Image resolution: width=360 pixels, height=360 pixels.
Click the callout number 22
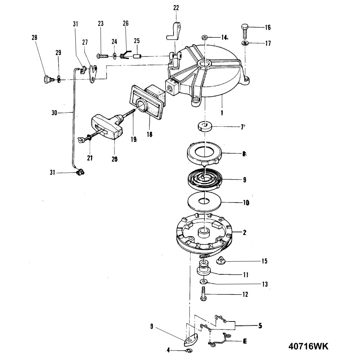pos(176,7)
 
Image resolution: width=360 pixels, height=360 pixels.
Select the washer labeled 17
pos(245,44)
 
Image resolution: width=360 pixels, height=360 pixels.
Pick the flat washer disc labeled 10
pos(204,202)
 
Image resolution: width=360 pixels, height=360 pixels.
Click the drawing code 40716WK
pos(309,346)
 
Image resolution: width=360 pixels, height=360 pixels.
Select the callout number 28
pos(34,38)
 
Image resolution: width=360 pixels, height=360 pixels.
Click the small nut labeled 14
pos(205,37)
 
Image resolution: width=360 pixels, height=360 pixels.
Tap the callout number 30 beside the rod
pos(55,112)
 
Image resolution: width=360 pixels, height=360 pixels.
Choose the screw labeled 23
pos(103,56)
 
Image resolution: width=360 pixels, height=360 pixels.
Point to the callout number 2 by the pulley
pos(245,233)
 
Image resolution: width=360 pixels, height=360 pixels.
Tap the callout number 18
pos(149,134)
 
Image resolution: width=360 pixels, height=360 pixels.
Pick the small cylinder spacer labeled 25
pos(136,56)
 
